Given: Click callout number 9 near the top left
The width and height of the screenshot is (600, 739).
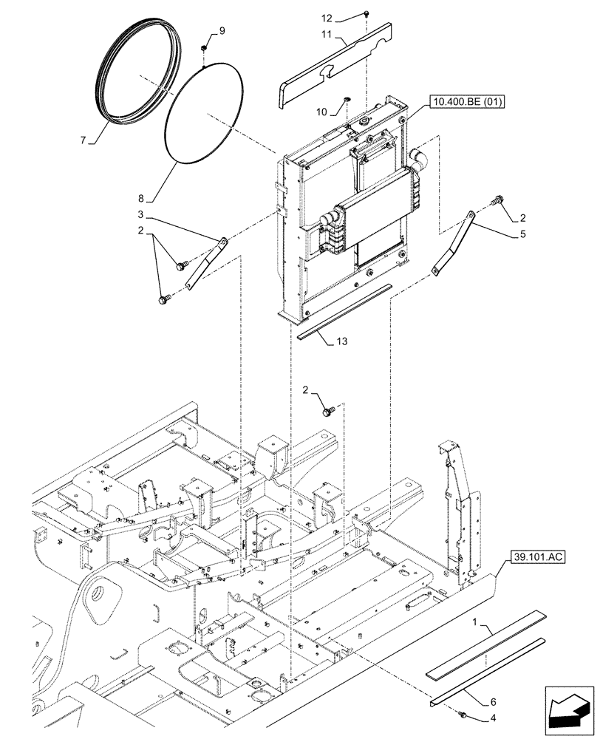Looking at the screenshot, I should (221, 31).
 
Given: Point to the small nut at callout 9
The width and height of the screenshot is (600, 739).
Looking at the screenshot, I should (203, 49).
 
